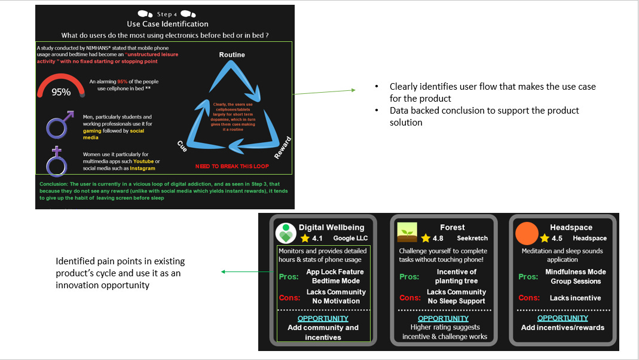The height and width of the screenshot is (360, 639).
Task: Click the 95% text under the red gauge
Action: (x=61, y=92)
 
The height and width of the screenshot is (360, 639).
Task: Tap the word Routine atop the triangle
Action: (x=232, y=55)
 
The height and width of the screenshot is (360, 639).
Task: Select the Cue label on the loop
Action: (x=183, y=145)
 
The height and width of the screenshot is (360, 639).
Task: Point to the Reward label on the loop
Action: (x=283, y=147)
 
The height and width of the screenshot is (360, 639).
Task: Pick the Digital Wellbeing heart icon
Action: (x=286, y=233)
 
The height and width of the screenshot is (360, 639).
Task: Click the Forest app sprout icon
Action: (x=408, y=233)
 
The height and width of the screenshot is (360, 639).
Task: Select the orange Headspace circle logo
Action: (x=527, y=233)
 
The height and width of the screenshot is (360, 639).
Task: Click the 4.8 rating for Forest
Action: (x=438, y=238)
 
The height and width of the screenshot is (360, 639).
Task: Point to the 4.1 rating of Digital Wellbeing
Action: (x=317, y=238)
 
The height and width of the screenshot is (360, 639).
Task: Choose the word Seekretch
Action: (x=472, y=238)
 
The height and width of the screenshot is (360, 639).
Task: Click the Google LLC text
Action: (x=351, y=238)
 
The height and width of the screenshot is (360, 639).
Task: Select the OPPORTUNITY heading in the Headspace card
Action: (x=562, y=318)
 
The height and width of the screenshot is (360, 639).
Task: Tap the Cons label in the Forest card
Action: (x=409, y=297)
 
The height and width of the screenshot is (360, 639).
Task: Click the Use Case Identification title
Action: (x=167, y=24)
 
